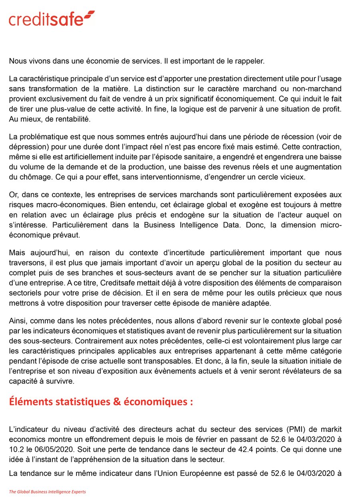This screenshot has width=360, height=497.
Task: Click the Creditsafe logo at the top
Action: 52,19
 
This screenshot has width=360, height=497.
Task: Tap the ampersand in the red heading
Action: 117,402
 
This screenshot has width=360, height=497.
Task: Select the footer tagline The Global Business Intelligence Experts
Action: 48,491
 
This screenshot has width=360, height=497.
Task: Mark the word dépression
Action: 25,148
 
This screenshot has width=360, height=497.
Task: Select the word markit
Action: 332,430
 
